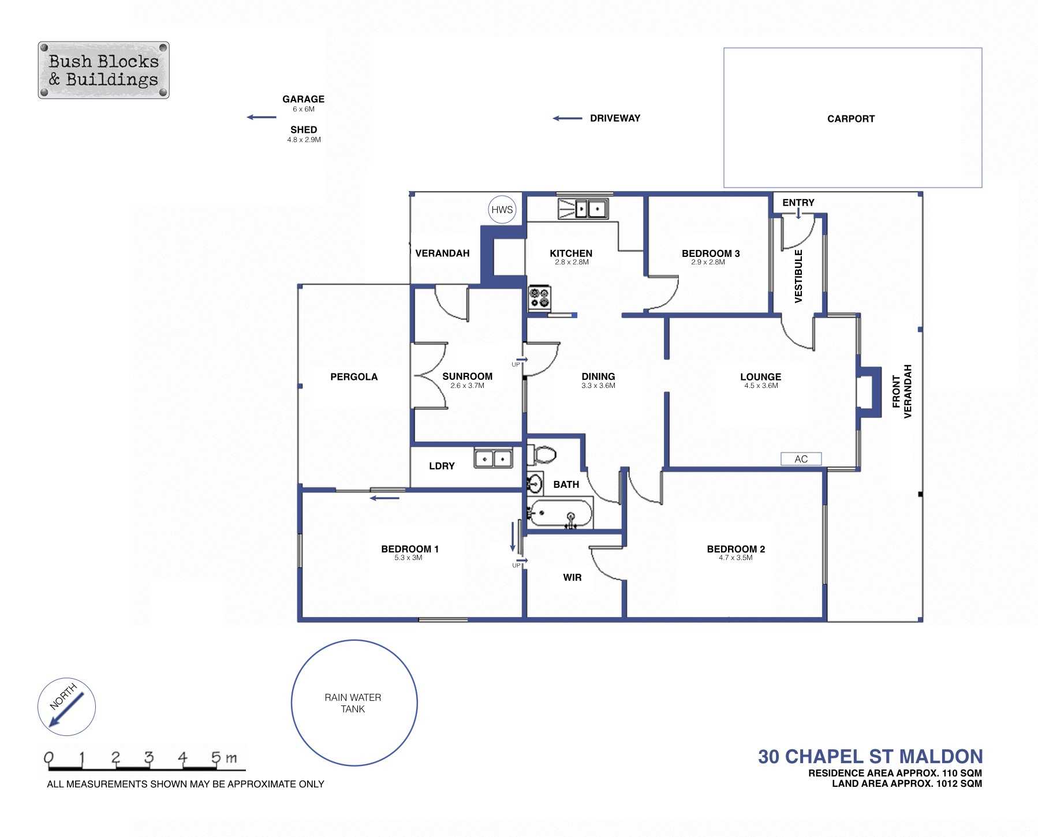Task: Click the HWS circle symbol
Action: (x=502, y=210)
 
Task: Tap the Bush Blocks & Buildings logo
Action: (x=103, y=70)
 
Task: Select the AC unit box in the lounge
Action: (x=801, y=459)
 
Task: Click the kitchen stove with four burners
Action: (x=540, y=298)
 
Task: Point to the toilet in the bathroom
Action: (x=542, y=454)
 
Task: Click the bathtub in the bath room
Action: (x=561, y=513)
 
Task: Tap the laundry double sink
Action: (x=494, y=459)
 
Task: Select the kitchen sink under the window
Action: (x=583, y=208)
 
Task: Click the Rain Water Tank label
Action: (x=353, y=703)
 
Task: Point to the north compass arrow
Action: (x=66, y=709)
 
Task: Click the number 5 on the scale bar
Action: (x=216, y=757)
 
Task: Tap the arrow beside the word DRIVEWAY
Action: (x=567, y=118)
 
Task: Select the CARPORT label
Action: (x=850, y=119)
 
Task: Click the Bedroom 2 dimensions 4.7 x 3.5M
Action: (x=735, y=558)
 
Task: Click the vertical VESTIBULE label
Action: (x=798, y=276)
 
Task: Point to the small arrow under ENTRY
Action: (x=798, y=214)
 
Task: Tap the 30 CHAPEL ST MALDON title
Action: (x=870, y=756)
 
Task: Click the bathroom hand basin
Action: (x=535, y=483)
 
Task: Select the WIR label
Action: (x=572, y=577)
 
